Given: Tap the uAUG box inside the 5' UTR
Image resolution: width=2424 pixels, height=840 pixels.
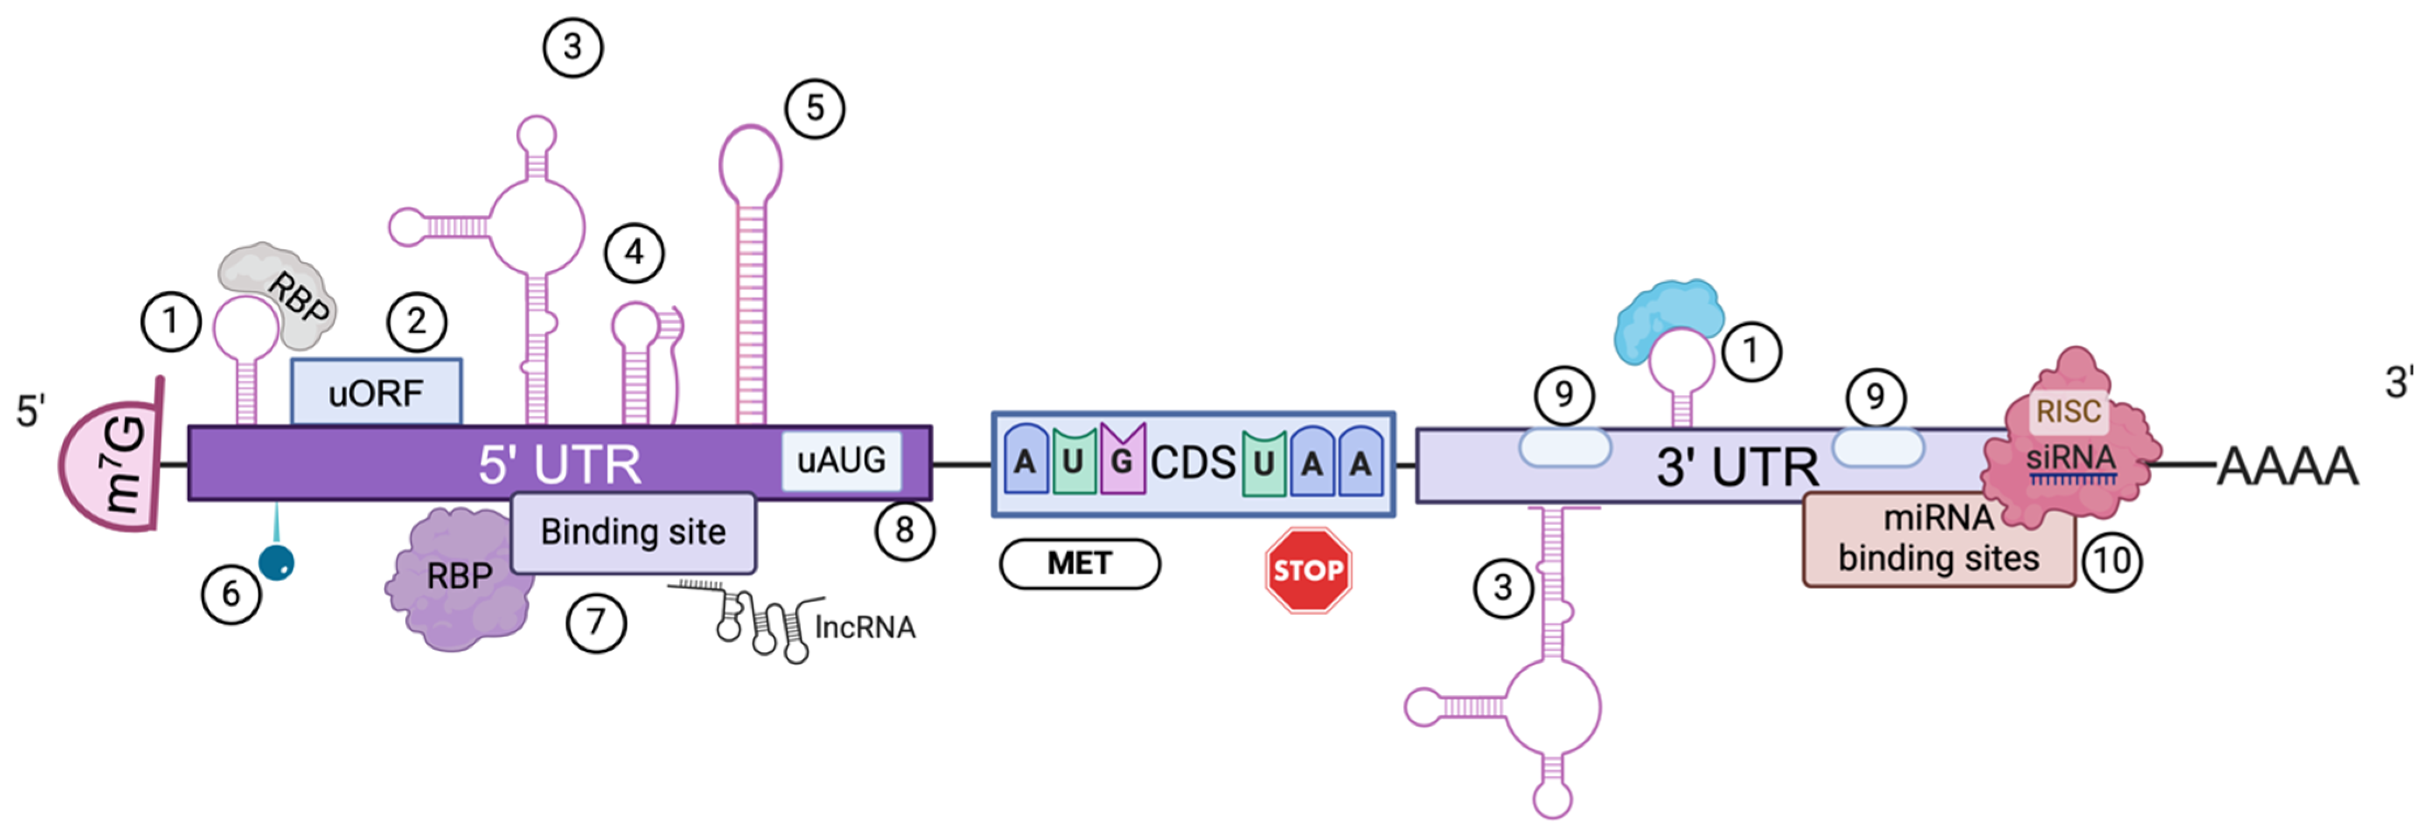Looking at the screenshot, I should tap(841, 460).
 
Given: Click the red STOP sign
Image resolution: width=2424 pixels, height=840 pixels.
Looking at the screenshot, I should tap(1308, 570).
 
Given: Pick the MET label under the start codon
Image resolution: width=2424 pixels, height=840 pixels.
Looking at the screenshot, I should tap(1079, 563).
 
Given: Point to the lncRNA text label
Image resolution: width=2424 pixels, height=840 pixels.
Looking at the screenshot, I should tap(864, 628).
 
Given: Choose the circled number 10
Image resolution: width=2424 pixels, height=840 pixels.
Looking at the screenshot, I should tap(2112, 561).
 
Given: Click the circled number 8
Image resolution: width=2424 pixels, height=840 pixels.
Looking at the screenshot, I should tap(904, 530).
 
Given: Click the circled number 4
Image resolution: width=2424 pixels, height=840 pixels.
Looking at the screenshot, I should tap(634, 252).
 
